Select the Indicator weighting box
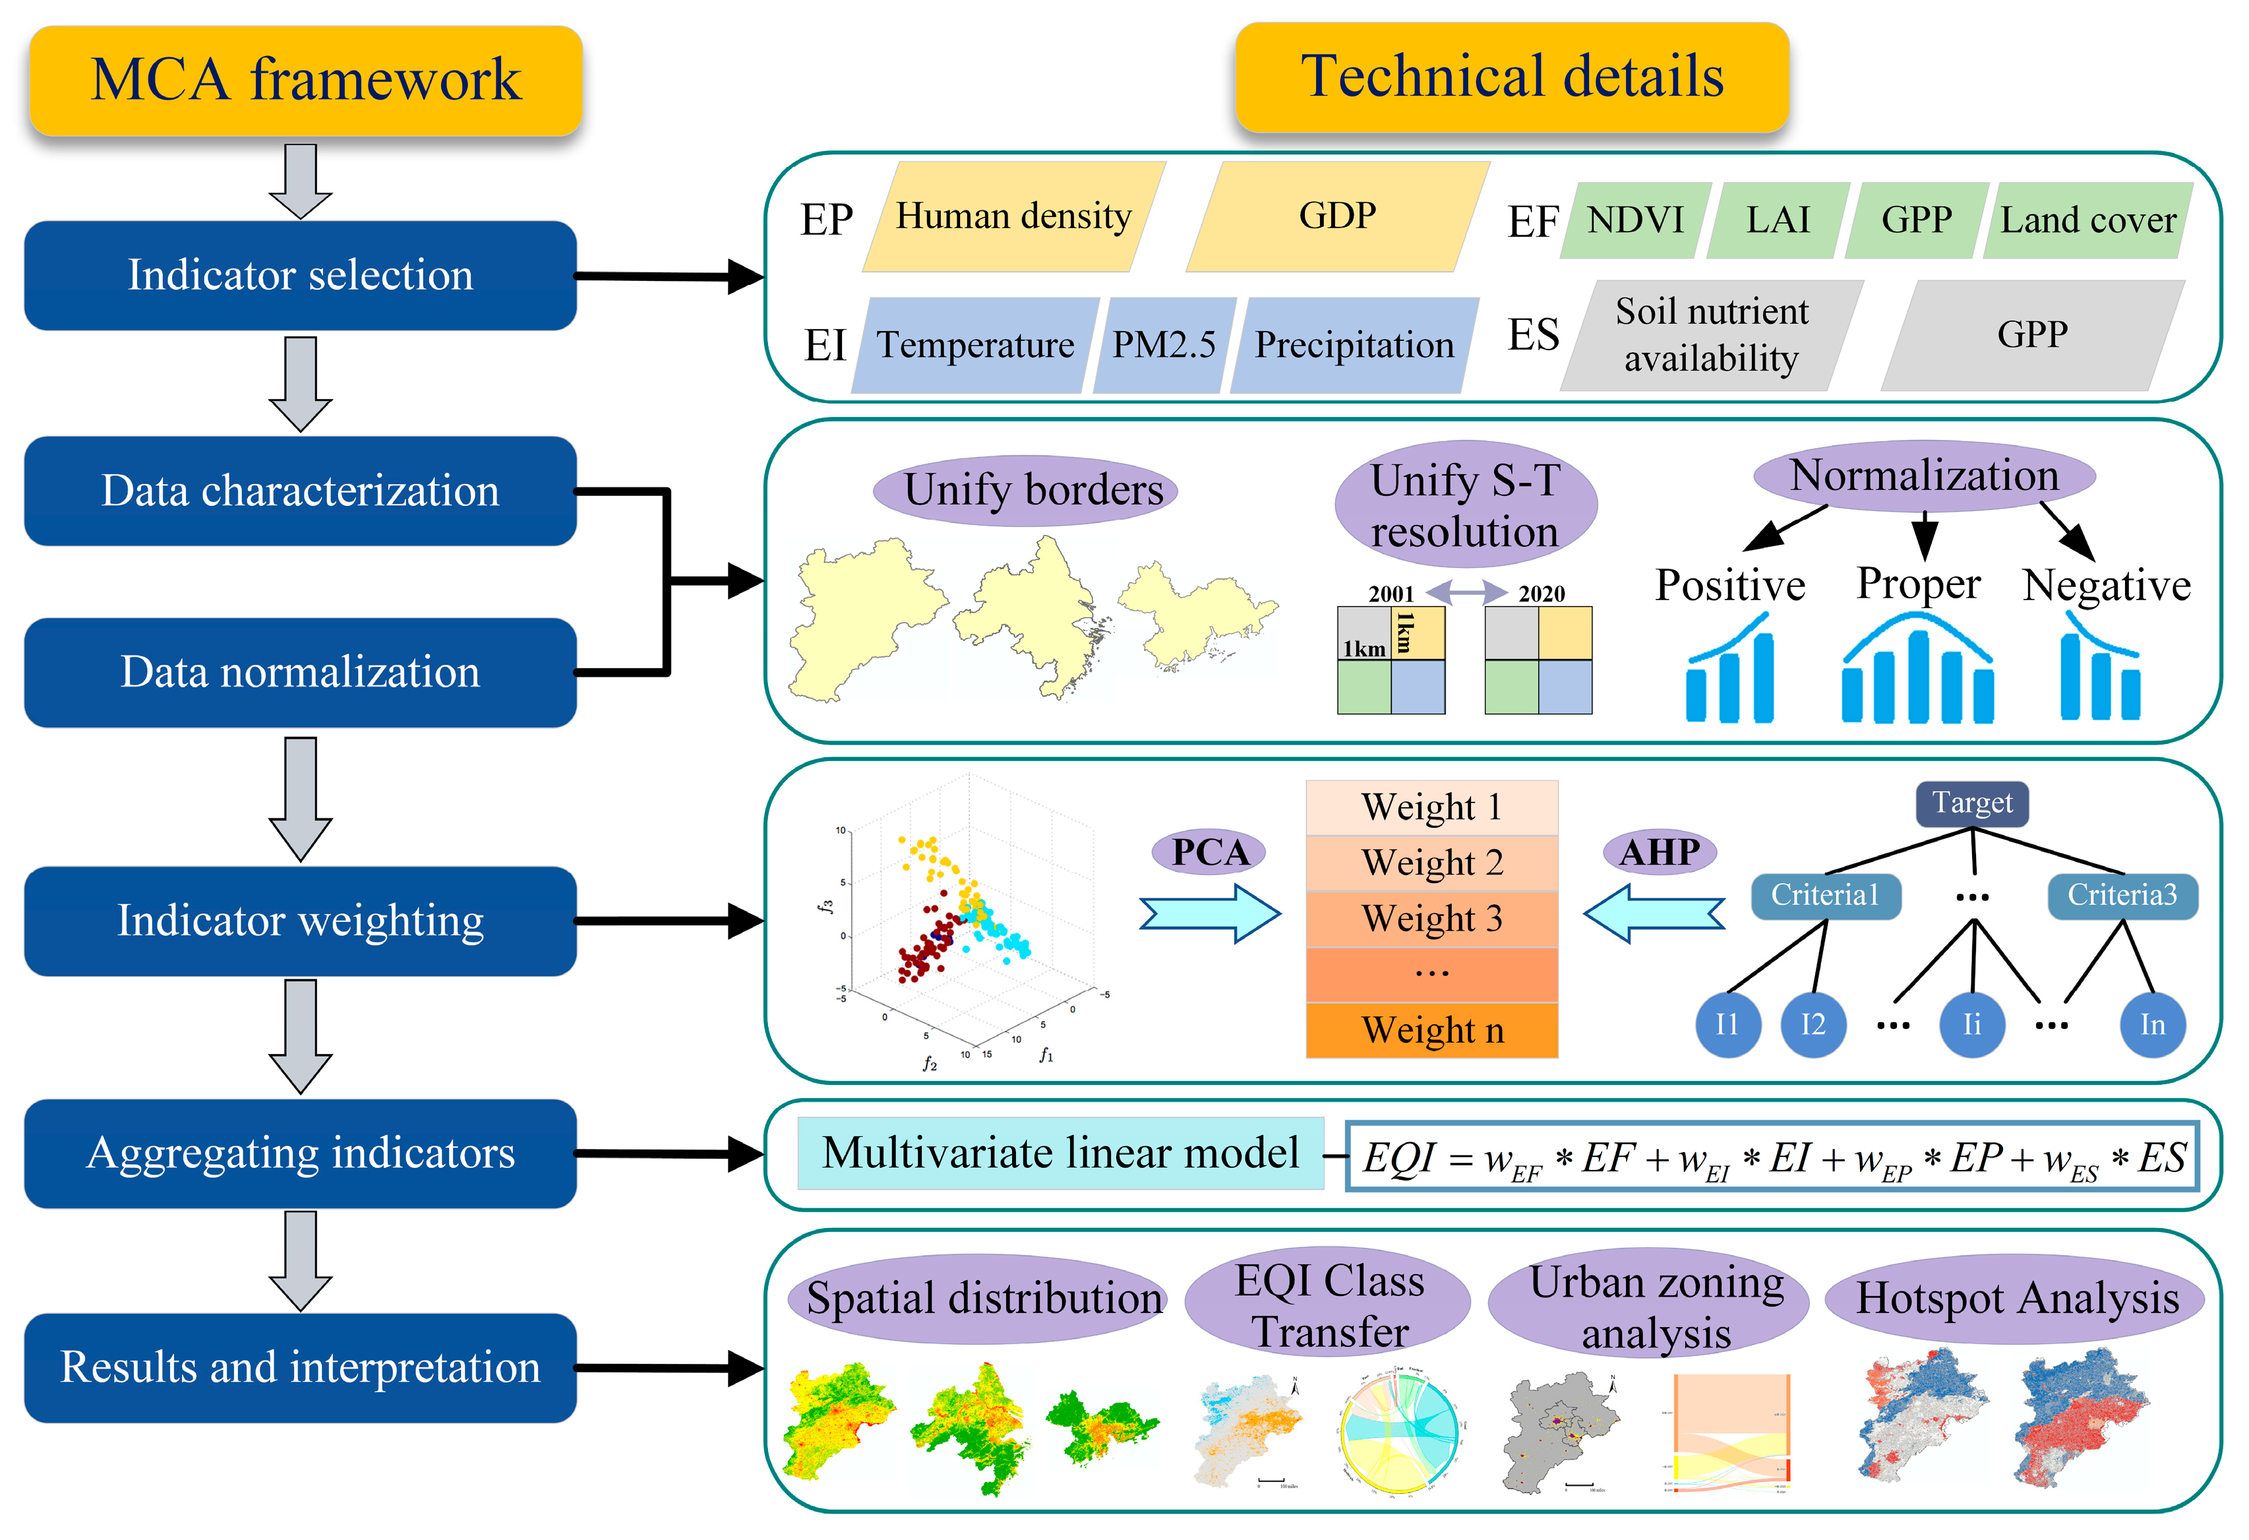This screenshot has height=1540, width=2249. (300, 921)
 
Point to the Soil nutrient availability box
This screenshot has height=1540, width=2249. (1711, 336)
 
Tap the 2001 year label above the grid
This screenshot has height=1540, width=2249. (1391, 594)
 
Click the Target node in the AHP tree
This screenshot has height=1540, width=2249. (1971, 803)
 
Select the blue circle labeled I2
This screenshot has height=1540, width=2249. (1813, 1025)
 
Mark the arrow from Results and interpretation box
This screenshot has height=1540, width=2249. (668, 1369)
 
